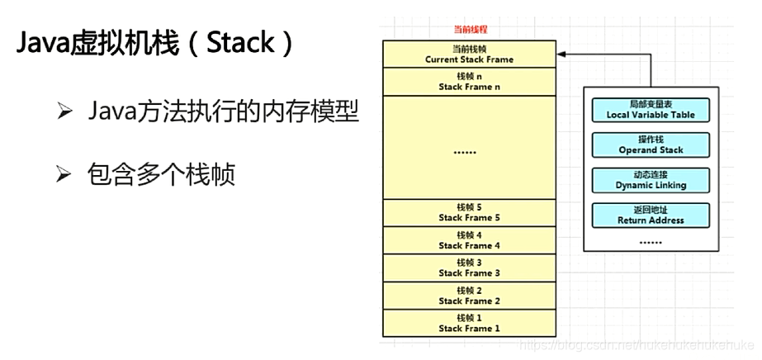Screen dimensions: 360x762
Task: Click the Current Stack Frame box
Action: tap(469, 54)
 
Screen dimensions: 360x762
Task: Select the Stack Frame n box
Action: tap(469, 81)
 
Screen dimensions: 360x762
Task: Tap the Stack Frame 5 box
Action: tap(469, 212)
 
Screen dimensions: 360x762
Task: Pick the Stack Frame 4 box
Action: tap(469, 240)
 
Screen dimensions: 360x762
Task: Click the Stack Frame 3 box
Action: tap(469, 268)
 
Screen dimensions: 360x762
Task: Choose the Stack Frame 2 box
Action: tap(469, 295)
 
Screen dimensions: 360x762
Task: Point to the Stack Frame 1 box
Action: tap(469, 322)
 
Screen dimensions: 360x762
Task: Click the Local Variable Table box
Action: tap(651, 109)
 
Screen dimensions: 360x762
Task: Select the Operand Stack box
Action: tap(651, 145)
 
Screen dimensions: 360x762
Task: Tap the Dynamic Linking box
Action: tap(651, 181)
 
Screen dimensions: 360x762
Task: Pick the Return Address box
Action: tap(651, 216)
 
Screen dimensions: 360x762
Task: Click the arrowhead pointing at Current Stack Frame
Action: tap(563, 54)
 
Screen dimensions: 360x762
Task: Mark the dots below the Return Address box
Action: tap(651, 241)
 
